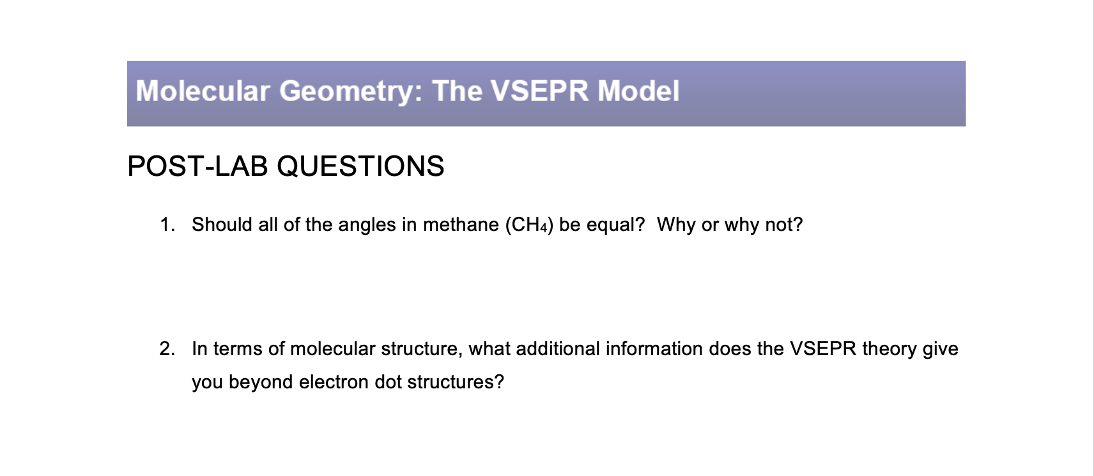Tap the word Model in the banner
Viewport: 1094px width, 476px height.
tap(638, 91)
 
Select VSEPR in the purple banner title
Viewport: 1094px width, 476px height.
tap(539, 91)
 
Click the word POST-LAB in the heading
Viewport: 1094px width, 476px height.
tap(197, 166)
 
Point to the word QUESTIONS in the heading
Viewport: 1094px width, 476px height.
tap(360, 166)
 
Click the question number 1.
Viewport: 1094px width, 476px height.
tap(167, 225)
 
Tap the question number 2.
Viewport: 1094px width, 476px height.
tap(167, 349)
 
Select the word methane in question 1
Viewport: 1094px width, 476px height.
tap(461, 225)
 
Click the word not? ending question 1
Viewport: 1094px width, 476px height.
tap(783, 225)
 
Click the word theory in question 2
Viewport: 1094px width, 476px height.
tap(889, 349)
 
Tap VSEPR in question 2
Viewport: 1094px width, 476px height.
tap(823, 349)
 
